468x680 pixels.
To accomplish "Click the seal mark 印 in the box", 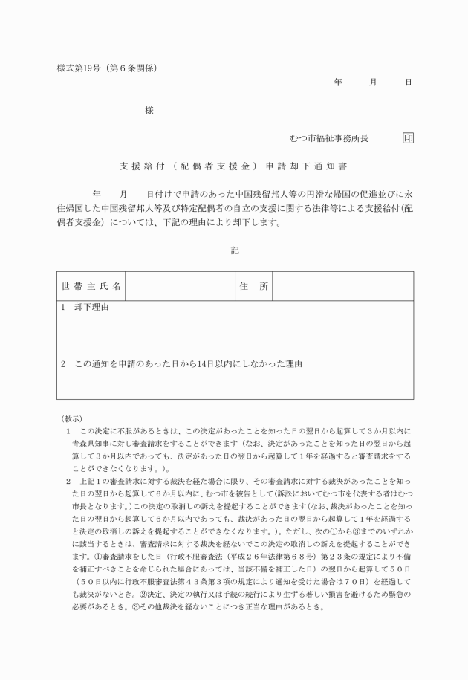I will (x=408, y=138).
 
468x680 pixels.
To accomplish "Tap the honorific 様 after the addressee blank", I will (x=149, y=110).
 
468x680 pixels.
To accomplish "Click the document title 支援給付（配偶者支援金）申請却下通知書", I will (x=234, y=166).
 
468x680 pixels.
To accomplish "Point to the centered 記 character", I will (x=235, y=250).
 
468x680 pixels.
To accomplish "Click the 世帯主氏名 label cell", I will (x=91, y=286).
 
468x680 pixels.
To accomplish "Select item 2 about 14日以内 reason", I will (x=182, y=364).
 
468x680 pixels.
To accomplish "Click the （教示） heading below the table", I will (x=72, y=418).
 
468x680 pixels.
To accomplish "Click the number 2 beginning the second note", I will (x=68, y=482).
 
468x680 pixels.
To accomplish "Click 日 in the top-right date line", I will (x=408, y=82).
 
